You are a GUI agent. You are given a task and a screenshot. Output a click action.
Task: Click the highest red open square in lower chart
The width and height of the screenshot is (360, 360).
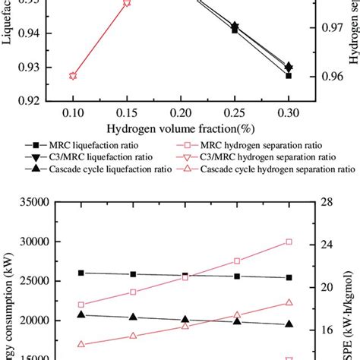coord(289,242)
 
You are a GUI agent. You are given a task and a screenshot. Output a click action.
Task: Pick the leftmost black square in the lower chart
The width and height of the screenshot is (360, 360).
coord(81,273)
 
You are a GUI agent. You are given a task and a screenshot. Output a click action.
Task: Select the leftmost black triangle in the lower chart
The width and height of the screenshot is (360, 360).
coord(81,314)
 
